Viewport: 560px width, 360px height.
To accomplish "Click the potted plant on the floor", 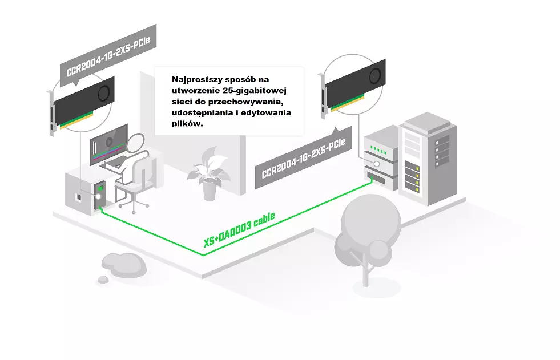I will (x=209, y=174).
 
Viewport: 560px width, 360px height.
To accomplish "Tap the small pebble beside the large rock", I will (x=103, y=280).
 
